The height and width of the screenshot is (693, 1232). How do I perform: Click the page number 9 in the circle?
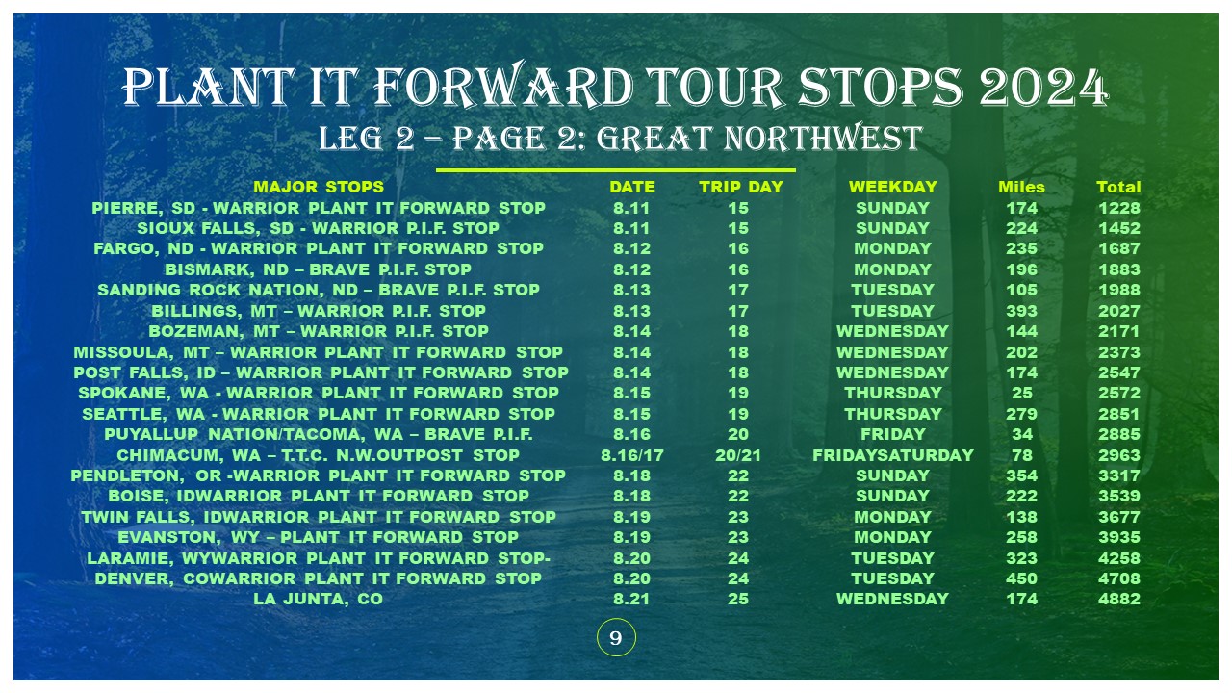point(616,638)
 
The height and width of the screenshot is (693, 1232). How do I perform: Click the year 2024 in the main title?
point(1043,88)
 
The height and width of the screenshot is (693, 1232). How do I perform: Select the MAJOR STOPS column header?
point(319,187)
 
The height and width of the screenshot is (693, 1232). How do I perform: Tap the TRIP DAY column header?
point(741,187)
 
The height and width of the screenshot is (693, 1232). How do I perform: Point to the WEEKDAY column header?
point(892,187)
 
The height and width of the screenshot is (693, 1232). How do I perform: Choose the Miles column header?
point(1021,187)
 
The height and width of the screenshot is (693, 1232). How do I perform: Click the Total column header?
point(1118,187)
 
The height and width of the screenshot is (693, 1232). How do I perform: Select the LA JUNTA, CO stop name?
point(318,599)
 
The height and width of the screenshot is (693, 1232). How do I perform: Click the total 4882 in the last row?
point(1119,599)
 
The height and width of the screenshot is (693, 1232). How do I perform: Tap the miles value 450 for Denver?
point(1022,578)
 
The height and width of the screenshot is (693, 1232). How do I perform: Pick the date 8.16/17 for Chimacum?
point(632,455)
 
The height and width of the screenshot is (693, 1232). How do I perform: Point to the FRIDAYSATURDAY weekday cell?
point(892,455)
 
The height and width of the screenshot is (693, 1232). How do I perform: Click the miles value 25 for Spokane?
point(1022,394)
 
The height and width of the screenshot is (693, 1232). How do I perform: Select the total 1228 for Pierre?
point(1119,209)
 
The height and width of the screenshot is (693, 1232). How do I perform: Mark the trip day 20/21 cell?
point(738,455)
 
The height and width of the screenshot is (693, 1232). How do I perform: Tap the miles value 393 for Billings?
point(1022,311)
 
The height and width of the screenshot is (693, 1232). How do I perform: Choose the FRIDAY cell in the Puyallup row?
point(892,434)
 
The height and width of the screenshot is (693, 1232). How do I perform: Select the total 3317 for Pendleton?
point(1119,475)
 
